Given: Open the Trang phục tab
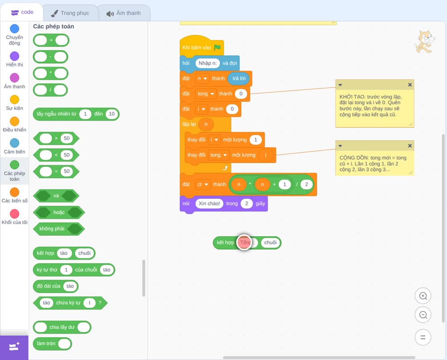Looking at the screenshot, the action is click(70, 13).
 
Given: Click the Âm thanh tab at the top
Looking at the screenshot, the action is click(124, 13).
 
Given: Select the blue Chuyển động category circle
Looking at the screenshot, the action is click(15, 29).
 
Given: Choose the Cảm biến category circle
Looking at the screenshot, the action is click(15, 143).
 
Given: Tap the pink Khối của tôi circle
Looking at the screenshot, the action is click(15, 213).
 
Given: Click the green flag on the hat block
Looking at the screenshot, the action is click(217, 47).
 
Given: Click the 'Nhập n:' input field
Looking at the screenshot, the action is click(207, 63).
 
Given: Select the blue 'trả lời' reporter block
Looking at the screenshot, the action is click(239, 79).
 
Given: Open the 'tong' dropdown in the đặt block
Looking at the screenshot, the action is click(206, 94).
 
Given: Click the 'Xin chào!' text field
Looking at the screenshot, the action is click(209, 203).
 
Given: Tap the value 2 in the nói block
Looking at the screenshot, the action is click(247, 203).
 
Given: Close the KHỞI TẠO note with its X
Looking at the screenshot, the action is click(409, 84).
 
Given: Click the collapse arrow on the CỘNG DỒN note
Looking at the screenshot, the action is click(340, 146).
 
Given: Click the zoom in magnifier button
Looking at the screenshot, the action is click(423, 296).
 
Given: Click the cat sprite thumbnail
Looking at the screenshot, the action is click(425, 42).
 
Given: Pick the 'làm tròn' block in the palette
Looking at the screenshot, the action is click(52, 343).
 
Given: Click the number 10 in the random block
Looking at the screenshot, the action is click(112, 114).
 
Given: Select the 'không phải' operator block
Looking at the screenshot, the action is click(59, 229).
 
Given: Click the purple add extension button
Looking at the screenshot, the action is click(14, 347).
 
